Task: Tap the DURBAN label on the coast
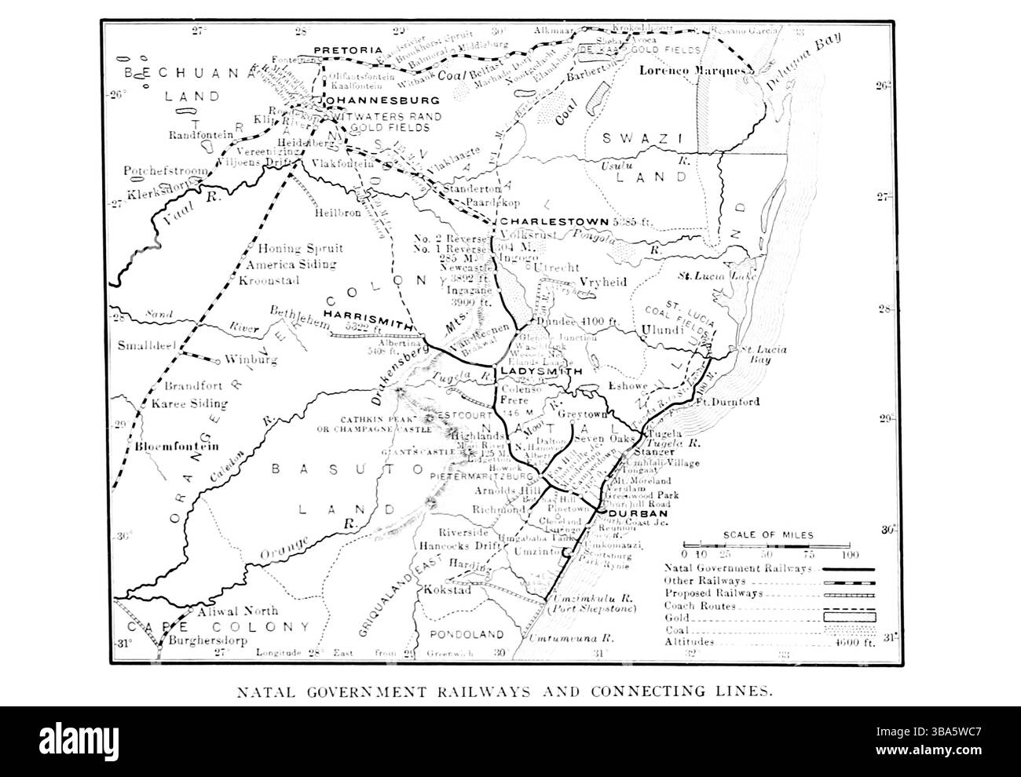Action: pyautogui.click(x=631, y=513)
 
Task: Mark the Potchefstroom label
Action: pyautogui.click(x=166, y=170)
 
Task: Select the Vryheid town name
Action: pyautogui.click(x=602, y=283)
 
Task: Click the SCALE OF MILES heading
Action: pyautogui.click(x=768, y=535)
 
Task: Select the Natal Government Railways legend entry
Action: pyautogui.click(x=737, y=568)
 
